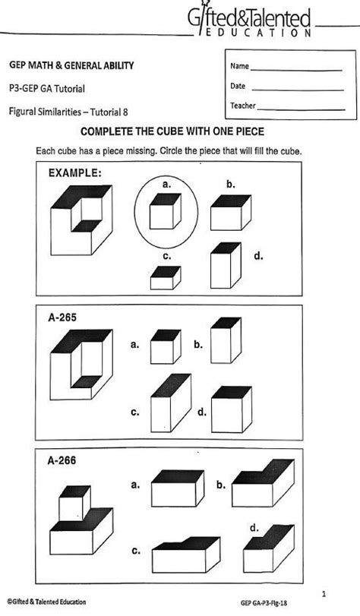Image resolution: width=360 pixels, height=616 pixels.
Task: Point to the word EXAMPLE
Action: pyautogui.click(x=74, y=173)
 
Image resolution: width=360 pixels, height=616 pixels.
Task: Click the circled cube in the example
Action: pyautogui.click(x=165, y=210)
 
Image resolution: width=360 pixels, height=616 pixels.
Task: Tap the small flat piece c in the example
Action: pyautogui.click(x=166, y=277)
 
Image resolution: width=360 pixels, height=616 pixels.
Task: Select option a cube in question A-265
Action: pyautogui.click(x=166, y=346)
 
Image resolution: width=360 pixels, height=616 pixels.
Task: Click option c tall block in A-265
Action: pyautogui.click(x=170, y=402)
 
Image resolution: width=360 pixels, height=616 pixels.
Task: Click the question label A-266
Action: pyautogui.click(x=62, y=460)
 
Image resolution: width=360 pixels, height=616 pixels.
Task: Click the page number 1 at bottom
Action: pyautogui.click(x=324, y=593)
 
